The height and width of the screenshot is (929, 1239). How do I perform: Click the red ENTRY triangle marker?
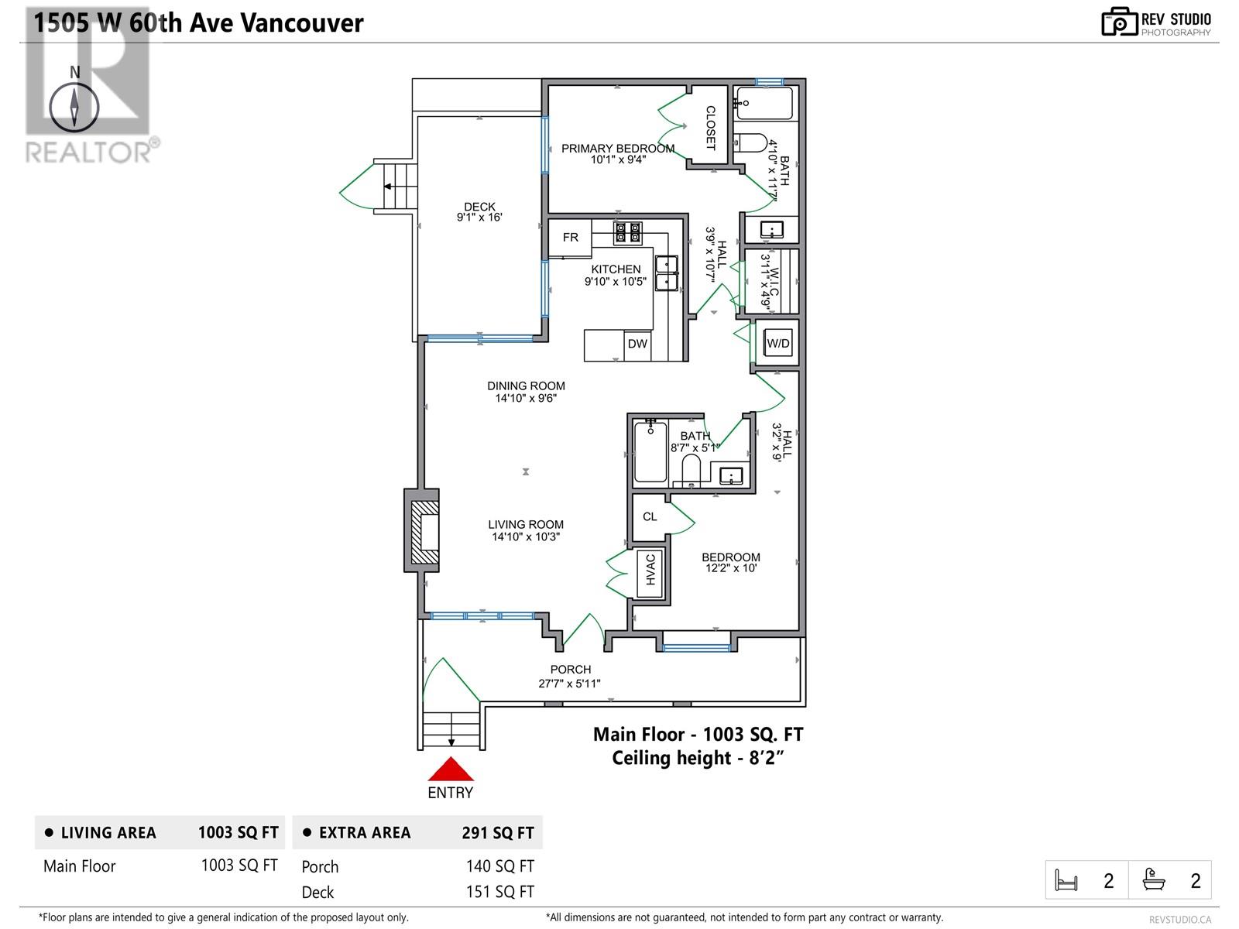450,770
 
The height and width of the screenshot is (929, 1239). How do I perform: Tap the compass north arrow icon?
74,107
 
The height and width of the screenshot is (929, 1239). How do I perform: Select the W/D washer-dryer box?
777,343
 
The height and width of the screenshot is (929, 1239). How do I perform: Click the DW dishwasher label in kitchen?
637,344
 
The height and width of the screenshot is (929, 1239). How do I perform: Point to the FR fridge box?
571,238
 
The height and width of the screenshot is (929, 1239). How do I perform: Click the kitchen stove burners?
628,232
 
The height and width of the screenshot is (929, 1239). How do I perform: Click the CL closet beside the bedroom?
650,516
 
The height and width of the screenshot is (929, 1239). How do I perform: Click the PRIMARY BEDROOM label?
617,148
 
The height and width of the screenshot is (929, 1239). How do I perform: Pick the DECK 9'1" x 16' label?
479,212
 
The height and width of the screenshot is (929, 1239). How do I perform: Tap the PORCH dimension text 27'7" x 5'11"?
570,684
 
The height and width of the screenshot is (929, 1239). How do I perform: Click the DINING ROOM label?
526,386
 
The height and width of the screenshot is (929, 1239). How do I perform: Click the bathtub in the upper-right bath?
764,103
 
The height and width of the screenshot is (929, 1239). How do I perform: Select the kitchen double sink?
666,273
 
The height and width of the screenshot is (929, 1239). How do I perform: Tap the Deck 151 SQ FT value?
499,892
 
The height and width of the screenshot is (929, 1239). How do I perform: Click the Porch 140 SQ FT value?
499,866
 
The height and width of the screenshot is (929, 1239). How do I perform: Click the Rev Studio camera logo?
1119,22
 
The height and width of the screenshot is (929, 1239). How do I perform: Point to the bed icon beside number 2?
1067,880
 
